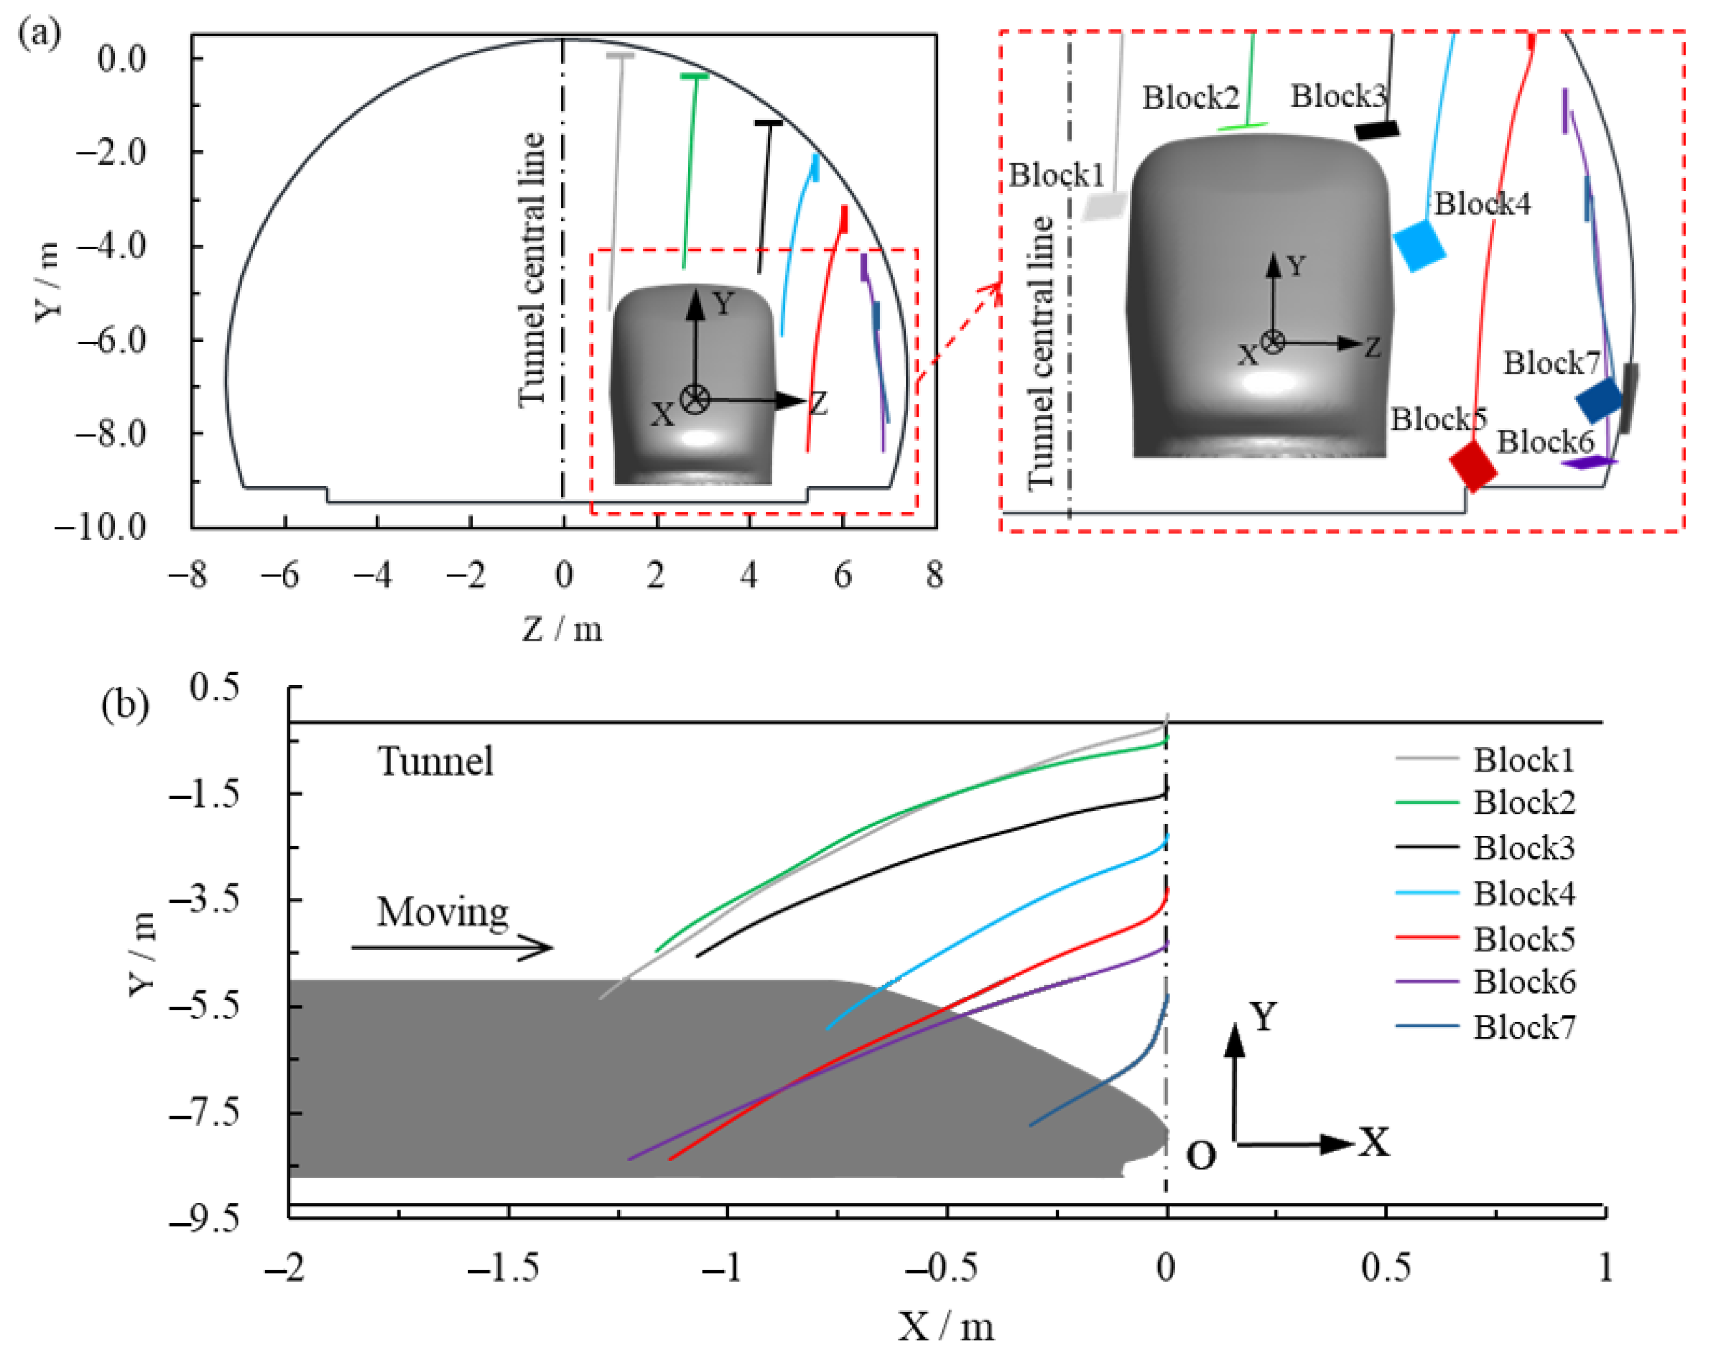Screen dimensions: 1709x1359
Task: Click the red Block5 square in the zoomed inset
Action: [1472, 466]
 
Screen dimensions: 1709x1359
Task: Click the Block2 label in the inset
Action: [1190, 98]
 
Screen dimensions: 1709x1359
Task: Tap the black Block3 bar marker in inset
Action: [1376, 129]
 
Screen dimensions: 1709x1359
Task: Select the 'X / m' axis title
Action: [945, 1325]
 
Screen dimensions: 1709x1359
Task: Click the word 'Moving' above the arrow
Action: [442, 912]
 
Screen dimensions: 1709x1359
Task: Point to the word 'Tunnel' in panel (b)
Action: [435, 761]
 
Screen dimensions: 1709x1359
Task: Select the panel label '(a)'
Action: [39, 33]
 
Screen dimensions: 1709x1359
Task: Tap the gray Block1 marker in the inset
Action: [1105, 206]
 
